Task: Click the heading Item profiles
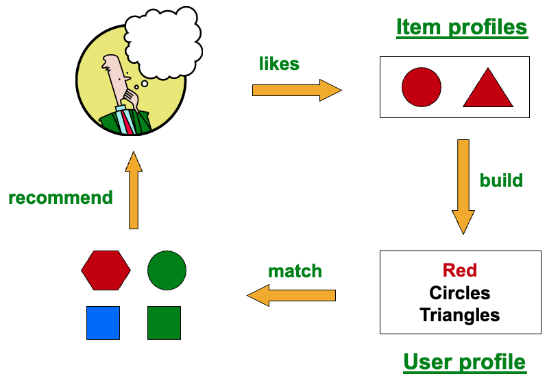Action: [x=462, y=27]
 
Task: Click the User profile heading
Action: [x=465, y=362]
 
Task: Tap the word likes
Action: [x=279, y=64]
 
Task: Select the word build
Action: [x=501, y=181]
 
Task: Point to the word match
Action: [x=295, y=271]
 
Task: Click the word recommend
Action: [x=60, y=198]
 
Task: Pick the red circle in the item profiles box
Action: [x=422, y=87]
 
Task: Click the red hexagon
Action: [x=106, y=270]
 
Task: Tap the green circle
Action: [x=167, y=270]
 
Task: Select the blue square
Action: [x=104, y=323]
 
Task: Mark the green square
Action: [x=165, y=323]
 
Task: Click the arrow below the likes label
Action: [x=297, y=90]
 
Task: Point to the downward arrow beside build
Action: [x=463, y=187]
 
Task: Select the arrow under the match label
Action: [x=291, y=295]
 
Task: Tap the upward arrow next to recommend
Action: [x=134, y=190]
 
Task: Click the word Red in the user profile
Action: [x=460, y=270]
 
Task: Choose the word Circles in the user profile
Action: [x=460, y=293]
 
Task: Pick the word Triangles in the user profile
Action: [x=460, y=315]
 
